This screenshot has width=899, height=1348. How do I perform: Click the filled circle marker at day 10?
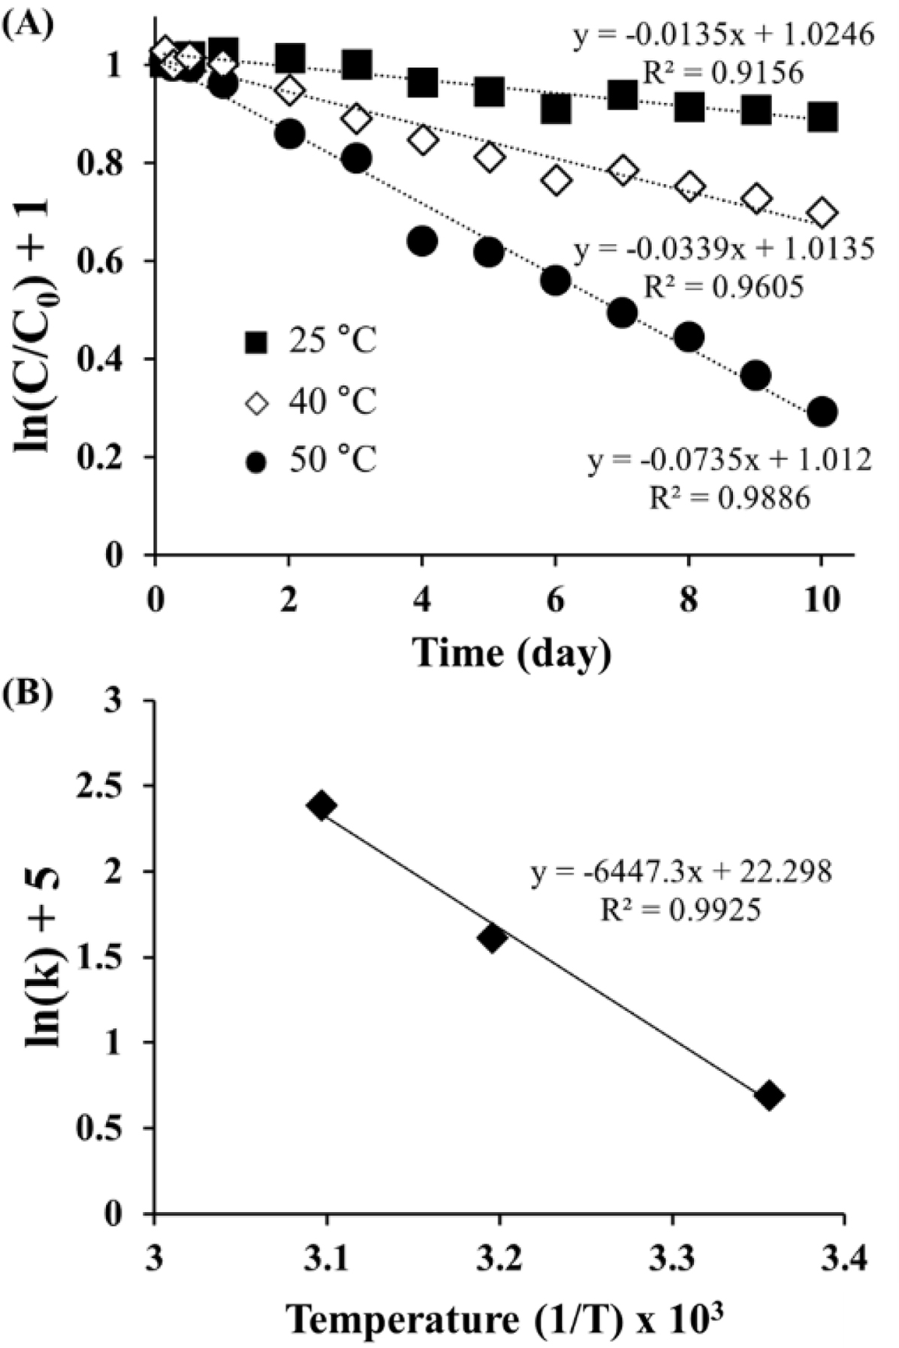pos(822,412)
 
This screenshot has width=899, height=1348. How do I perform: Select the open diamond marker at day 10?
pos(822,213)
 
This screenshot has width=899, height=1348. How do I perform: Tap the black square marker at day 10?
pos(822,117)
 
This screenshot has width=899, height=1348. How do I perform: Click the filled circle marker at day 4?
pos(422,241)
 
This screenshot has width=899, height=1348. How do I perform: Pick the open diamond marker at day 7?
pos(622,170)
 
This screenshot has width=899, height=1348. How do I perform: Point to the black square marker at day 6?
pos(555,110)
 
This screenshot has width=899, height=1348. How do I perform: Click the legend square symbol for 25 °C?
pos(256,344)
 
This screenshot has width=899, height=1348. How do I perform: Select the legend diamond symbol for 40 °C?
pos(256,404)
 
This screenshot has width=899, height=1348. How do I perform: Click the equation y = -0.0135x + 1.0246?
pos(723,35)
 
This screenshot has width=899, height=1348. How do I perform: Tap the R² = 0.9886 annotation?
pos(729,497)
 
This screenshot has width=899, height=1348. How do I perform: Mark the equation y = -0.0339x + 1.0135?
pos(723,249)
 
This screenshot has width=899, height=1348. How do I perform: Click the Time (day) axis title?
pos(511,653)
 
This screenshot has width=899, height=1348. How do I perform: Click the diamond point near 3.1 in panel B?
pos(321,807)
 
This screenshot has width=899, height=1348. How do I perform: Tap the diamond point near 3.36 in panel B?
pos(769,1096)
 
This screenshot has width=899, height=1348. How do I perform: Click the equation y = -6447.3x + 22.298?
pos(681,873)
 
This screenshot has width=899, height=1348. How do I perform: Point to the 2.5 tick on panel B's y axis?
pos(116,786)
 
